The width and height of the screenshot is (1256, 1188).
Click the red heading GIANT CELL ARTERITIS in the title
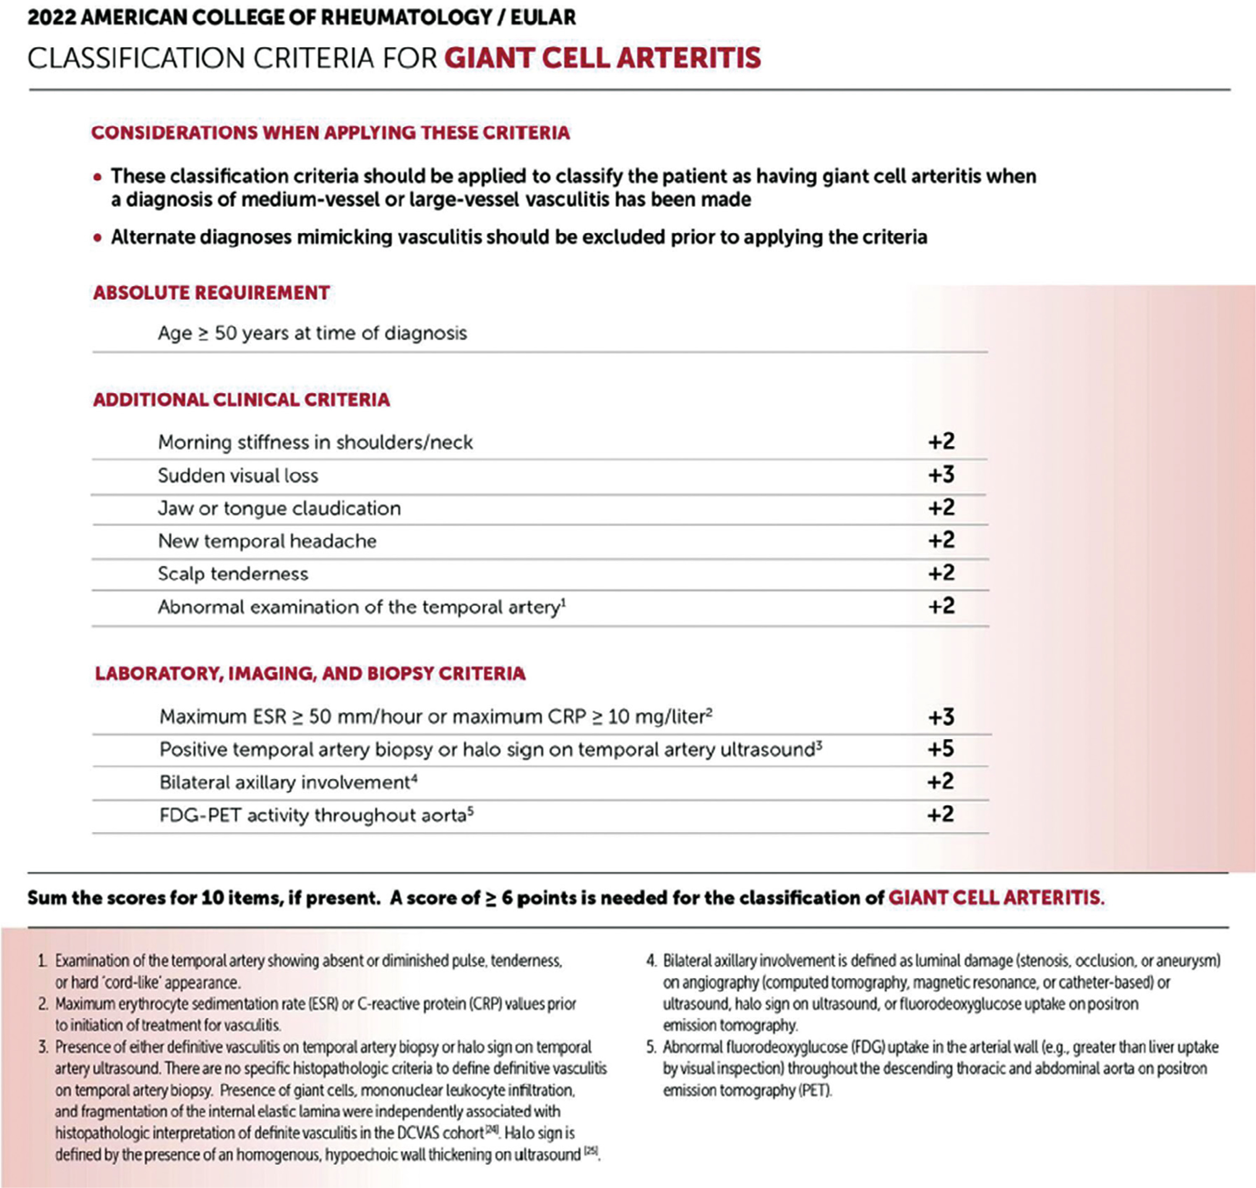click(x=602, y=57)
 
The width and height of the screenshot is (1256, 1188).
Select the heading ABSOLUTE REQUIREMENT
click(x=211, y=293)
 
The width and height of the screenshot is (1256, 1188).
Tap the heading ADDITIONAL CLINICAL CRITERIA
click(x=241, y=400)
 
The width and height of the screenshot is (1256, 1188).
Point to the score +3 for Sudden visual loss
click(x=941, y=475)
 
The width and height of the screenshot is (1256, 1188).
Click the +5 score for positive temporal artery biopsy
click(x=941, y=749)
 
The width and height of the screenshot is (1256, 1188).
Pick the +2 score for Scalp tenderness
click(x=941, y=573)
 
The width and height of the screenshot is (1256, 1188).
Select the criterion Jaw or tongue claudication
click(x=279, y=509)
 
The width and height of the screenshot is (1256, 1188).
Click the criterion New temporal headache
click(x=267, y=541)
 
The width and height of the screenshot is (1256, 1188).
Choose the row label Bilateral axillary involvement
click(x=285, y=783)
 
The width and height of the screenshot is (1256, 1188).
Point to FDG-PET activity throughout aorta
click(x=313, y=815)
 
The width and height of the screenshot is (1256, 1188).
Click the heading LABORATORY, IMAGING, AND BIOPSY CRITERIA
click(x=310, y=673)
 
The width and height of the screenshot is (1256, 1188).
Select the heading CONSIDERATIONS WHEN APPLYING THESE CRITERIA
click(x=330, y=133)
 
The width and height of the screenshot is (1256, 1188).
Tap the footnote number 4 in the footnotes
click(x=651, y=961)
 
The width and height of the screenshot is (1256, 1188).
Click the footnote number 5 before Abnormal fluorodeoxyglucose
click(x=651, y=1048)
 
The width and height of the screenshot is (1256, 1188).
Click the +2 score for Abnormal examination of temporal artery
click(x=941, y=606)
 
